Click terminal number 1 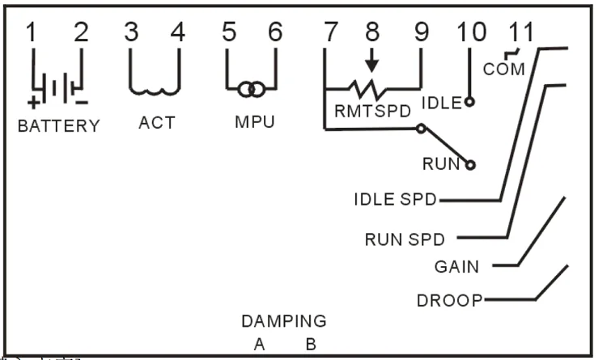coord(32,33)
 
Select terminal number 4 coord(177,33)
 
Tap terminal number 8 coord(371,33)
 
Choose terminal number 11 coord(522,33)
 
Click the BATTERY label coord(59,126)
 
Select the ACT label coord(156,124)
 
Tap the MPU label coord(254,124)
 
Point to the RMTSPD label coord(373,109)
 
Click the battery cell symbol coord(57,87)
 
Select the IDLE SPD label coord(394,199)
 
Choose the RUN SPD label coord(410,239)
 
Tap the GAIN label coord(456,266)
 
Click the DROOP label coord(449,301)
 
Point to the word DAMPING coord(283,321)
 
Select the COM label coord(503,70)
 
